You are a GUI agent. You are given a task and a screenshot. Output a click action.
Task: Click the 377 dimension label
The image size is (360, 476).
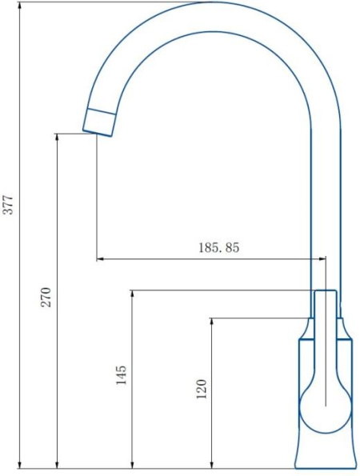tap(8, 205)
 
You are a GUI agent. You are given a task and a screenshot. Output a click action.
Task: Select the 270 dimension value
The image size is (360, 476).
tap(46, 297)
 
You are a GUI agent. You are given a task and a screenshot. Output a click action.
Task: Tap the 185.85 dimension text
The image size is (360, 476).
tap(219, 247)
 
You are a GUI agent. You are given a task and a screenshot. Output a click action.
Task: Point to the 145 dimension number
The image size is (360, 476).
tap(121, 375)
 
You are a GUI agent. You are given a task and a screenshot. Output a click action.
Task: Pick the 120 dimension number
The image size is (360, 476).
tap(202, 389)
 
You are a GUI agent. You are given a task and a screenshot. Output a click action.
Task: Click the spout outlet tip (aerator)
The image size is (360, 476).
tap(99, 122)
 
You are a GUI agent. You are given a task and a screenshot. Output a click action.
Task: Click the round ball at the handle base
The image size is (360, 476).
tap(325, 406)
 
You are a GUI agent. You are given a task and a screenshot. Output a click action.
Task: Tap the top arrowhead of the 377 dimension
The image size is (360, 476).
tap(20, 6)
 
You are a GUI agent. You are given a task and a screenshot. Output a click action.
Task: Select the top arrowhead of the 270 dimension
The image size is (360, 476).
tap(57, 138)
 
